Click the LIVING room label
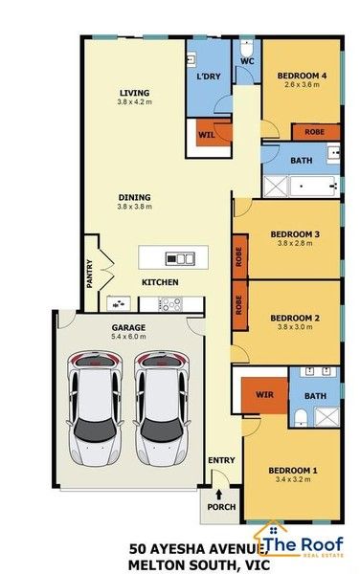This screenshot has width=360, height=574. [134, 93]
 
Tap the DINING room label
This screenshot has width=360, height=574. [134, 197]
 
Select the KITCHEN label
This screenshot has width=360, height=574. [160, 282]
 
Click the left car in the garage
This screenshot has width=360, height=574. [95, 408]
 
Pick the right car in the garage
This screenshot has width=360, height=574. [162, 408]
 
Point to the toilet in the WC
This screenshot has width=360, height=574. [246, 47]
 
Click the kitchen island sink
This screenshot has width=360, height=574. [179, 259]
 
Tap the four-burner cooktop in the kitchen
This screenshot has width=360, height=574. [170, 304]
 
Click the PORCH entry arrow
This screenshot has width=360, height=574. [219, 495]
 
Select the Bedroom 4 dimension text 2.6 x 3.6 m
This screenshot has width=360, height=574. [302, 84]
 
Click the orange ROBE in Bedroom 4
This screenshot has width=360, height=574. [315, 132]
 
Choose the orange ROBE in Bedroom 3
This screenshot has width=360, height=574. [240, 256]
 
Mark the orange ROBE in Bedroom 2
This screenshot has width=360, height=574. [240, 305]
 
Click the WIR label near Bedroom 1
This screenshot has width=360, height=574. [264, 394]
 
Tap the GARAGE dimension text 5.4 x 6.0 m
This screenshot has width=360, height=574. [128, 337]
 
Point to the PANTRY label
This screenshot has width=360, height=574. [90, 274]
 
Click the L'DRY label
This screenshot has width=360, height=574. [209, 77]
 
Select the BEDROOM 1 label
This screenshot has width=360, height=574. [293, 471]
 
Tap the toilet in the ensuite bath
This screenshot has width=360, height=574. [301, 418]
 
